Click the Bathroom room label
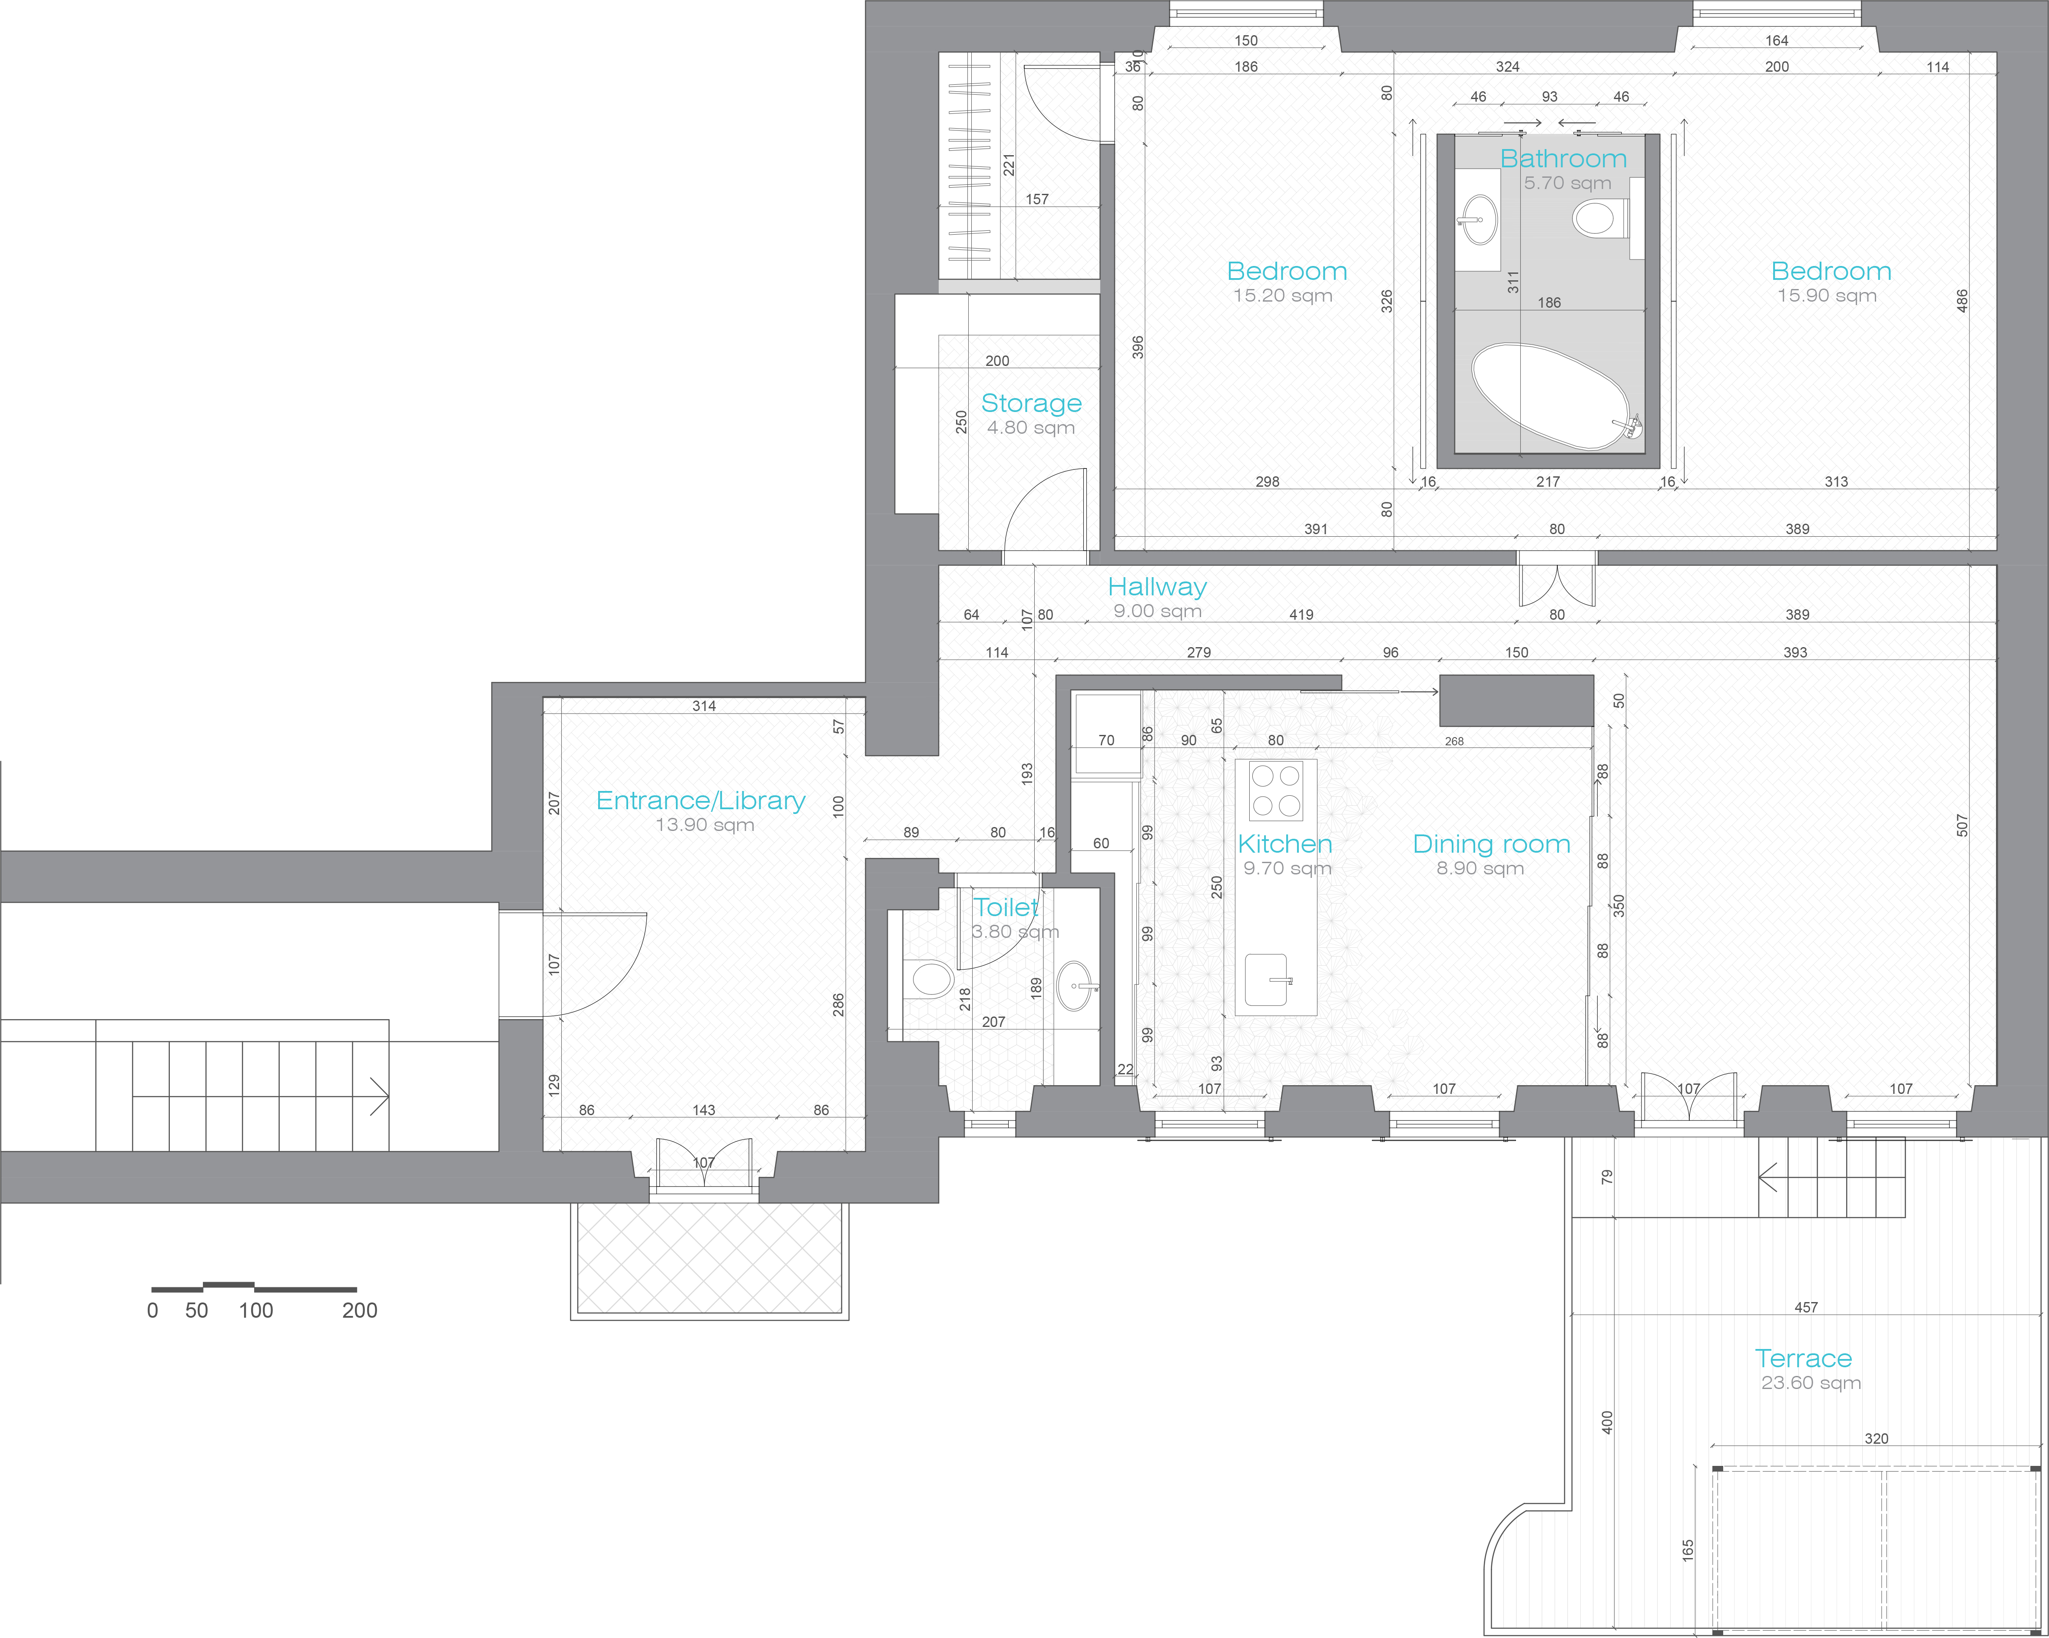(x=1563, y=159)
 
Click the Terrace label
(x=1803, y=1359)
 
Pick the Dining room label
(x=1491, y=844)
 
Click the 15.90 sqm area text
(x=1827, y=296)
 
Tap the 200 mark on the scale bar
(x=359, y=1310)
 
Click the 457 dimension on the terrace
(x=1806, y=1307)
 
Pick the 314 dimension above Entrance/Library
(x=704, y=706)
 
